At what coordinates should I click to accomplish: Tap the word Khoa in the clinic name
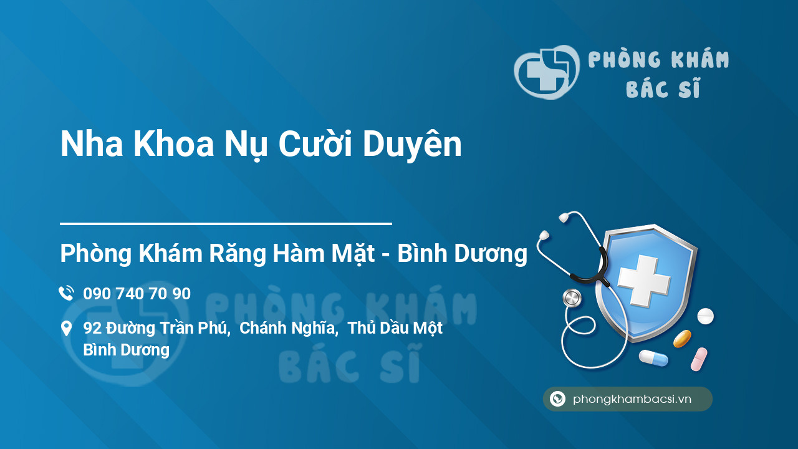coord(173,144)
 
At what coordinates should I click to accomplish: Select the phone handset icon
coord(67,293)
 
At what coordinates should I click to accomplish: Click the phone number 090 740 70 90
coord(137,294)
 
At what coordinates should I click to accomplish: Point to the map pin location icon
coord(66,329)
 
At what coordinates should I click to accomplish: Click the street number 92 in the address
coord(92,328)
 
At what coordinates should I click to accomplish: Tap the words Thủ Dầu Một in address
coord(395,328)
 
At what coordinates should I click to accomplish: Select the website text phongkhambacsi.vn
coord(632,399)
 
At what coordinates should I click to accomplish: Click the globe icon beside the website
coord(557,398)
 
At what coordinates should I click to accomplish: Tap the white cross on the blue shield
coord(644,280)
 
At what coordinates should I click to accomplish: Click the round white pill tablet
coord(705,316)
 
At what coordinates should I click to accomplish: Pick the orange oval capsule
coord(682,339)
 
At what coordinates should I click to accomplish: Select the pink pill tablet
coord(699,359)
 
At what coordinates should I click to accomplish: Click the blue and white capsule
coord(653,358)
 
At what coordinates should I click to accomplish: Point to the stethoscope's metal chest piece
coord(572,298)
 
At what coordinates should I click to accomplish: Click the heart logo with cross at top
coord(547,72)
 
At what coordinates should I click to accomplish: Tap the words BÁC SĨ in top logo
coord(663,88)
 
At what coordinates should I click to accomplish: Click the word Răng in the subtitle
coord(238,254)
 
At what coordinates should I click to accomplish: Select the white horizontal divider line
coord(226,224)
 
